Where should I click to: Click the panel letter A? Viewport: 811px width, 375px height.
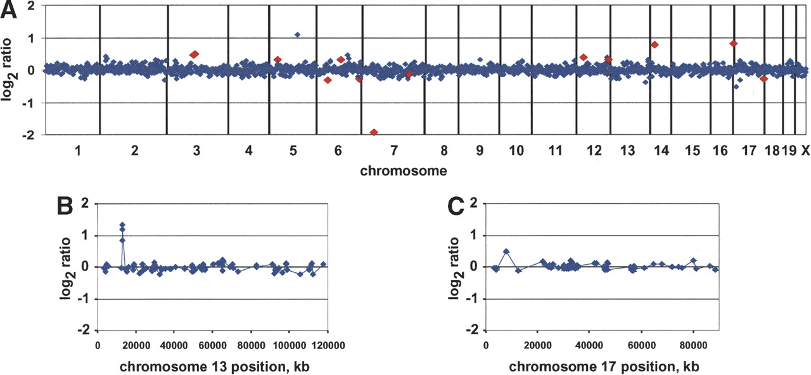[10, 10]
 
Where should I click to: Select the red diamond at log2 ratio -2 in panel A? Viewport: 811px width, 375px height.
[374, 132]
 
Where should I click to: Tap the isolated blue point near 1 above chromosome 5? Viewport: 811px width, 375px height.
[297, 35]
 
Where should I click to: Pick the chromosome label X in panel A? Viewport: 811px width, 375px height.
[805, 151]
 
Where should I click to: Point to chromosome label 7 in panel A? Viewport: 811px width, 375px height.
[393, 151]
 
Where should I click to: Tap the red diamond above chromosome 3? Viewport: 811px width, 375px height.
[195, 54]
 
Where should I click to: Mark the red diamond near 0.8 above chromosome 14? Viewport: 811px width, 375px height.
[655, 44]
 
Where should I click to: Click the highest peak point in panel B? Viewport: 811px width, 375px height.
[122, 225]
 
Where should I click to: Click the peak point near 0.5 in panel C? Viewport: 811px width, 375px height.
[506, 251]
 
